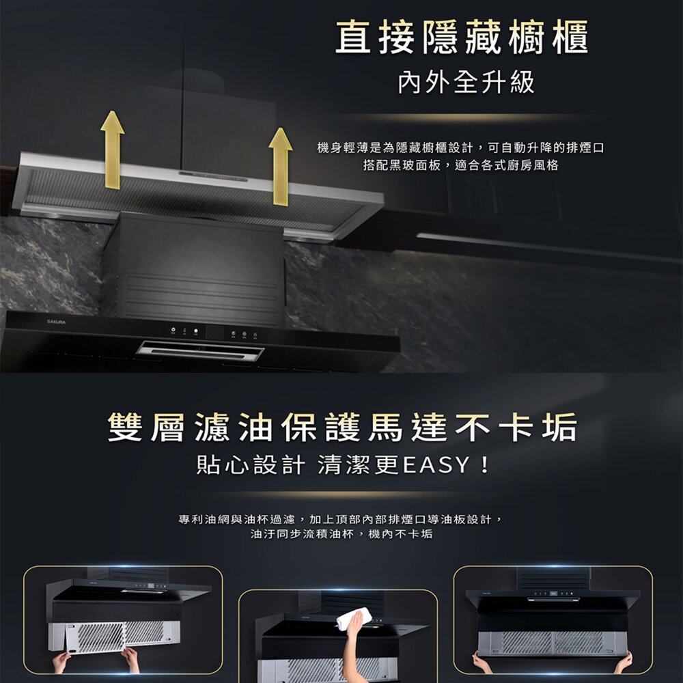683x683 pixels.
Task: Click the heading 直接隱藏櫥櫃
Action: point(461,39)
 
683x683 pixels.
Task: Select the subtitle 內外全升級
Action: point(466,83)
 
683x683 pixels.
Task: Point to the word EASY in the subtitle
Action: point(436,466)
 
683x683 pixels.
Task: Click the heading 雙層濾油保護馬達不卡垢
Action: point(342,428)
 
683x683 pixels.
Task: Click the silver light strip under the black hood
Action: point(199,351)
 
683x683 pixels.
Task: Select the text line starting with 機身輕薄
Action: point(461,148)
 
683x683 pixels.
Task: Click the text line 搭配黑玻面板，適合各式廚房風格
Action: point(461,165)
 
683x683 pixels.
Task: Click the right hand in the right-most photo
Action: point(623,661)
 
